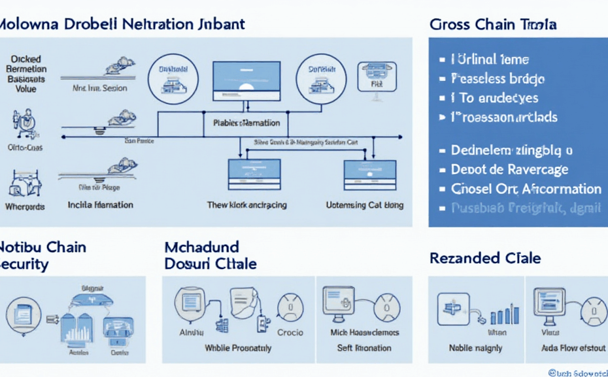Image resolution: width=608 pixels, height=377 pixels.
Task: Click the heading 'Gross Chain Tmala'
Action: tap(493, 25)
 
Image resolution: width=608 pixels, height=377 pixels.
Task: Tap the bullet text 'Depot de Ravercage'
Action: tap(509, 170)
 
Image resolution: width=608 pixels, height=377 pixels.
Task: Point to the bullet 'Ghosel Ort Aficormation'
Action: tap(526, 189)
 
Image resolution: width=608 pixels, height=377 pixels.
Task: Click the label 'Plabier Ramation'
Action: tap(246, 122)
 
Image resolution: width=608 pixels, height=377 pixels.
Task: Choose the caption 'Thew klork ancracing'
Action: tap(246, 205)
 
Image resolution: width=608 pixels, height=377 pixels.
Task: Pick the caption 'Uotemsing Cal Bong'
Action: tap(364, 205)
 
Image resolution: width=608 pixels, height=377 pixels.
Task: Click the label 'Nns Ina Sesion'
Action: tap(99, 88)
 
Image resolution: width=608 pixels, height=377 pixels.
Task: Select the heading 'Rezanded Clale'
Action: tap(485, 258)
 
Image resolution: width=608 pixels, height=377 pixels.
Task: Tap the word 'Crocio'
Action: tap(290, 332)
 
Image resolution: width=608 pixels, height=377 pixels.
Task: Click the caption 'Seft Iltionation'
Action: tap(364, 348)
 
